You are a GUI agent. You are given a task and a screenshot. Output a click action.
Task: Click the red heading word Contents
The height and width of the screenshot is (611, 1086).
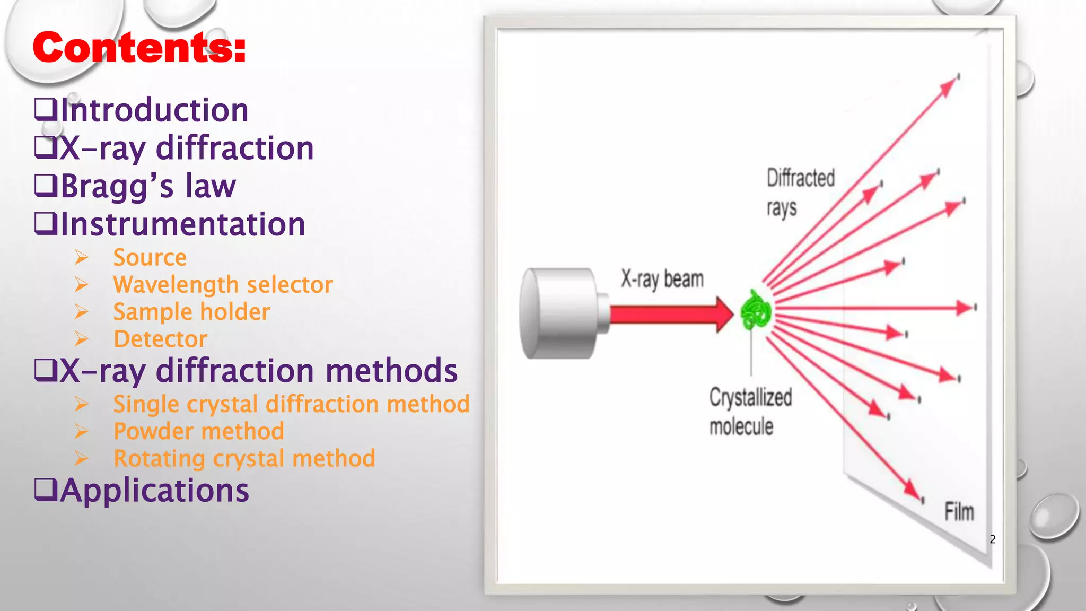[x=139, y=48]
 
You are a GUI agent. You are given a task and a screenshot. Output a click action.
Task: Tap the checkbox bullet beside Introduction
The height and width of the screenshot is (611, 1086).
[x=45, y=110]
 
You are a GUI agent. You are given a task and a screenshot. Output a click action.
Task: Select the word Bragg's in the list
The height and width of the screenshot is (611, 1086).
[x=117, y=186]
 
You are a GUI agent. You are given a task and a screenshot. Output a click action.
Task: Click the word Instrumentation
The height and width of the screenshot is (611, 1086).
[x=183, y=224]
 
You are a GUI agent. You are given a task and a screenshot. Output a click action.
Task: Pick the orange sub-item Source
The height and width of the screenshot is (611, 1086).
[x=150, y=258]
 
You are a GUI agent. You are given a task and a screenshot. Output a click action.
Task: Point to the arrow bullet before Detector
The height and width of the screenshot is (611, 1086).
[x=81, y=339]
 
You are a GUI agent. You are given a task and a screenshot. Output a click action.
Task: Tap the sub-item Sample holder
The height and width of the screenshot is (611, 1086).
[x=191, y=312]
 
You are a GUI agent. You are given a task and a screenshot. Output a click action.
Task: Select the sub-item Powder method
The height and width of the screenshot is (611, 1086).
[x=199, y=431]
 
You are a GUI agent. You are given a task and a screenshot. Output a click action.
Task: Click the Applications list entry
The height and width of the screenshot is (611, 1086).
[x=154, y=491]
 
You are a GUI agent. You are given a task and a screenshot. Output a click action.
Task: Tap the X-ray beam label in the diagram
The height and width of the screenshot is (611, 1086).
[x=662, y=279]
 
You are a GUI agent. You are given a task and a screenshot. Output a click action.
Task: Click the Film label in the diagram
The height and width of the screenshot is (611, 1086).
[x=959, y=512]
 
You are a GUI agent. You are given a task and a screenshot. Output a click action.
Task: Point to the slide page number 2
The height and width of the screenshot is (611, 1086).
[x=993, y=539]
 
